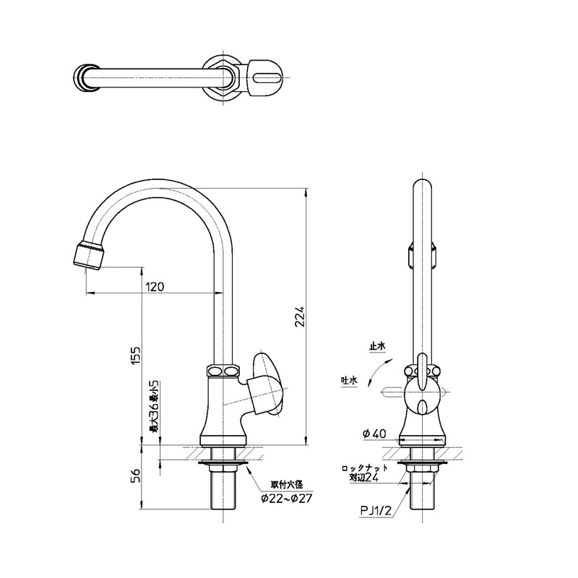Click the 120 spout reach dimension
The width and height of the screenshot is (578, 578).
click(155, 286)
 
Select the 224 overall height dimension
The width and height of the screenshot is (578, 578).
click(301, 316)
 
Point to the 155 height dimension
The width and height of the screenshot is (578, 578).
click(135, 355)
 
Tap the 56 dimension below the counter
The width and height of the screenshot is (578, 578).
click(135, 476)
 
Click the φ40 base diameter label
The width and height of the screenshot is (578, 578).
click(374, 434)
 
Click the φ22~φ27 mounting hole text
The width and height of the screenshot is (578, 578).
click(286, 499)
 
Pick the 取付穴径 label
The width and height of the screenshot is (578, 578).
click(287, 485)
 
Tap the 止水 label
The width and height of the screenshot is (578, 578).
click(377, 346)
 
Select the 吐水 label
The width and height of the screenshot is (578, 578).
click(349, 381)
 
